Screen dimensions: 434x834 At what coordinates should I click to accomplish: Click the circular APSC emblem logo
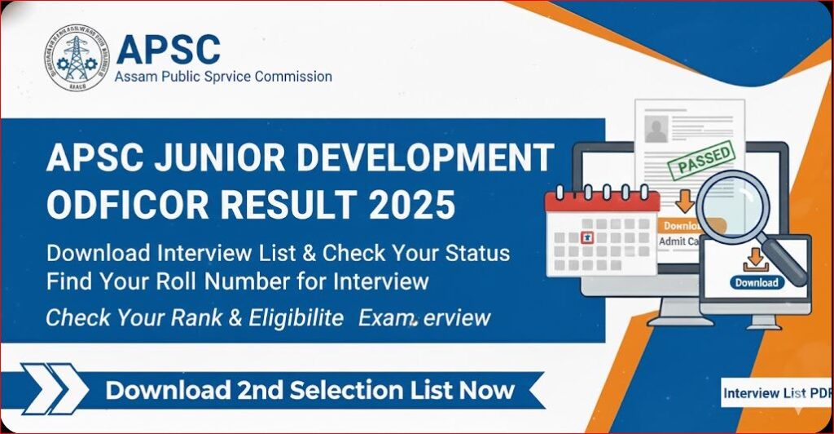[74, 57]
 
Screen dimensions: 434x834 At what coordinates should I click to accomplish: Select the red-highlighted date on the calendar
[584, 237]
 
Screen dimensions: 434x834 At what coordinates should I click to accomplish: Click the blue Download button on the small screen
[756, 283]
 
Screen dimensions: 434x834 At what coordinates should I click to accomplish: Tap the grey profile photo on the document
[656, 127]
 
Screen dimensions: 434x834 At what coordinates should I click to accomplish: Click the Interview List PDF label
[775, 393]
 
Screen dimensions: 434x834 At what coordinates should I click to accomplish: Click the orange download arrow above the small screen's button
[755, 259]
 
